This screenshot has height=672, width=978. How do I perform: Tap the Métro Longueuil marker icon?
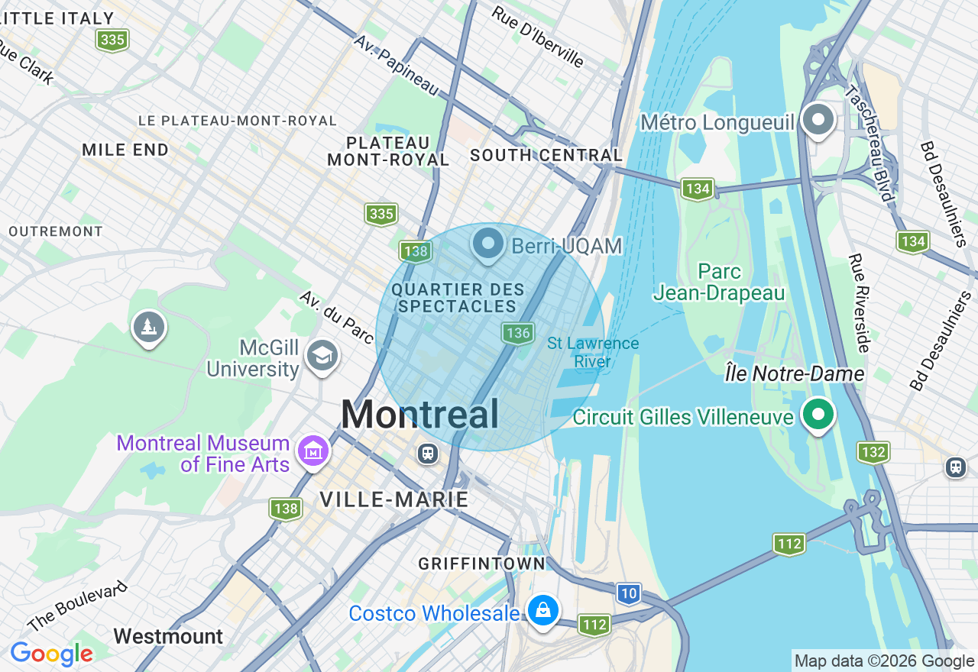point(819,121)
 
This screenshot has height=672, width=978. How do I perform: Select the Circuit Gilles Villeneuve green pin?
point(818,415)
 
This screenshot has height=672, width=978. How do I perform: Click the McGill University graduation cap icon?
point(322,355)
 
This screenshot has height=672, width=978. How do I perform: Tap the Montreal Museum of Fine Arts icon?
point(313,453)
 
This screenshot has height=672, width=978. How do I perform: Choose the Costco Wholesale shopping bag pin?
point(542,611)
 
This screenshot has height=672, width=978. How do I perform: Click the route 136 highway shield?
point(517,332)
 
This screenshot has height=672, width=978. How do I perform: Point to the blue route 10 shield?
point(628,593)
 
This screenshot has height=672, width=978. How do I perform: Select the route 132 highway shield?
point(873,452)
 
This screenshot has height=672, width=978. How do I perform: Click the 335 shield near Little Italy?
point(112,40)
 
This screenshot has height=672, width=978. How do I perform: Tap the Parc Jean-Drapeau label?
point(719,283)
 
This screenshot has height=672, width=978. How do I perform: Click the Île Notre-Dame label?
point(795,374)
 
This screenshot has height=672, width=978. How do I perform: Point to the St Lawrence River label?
point(593,352)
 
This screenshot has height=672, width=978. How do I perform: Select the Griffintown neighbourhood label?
point(481,564)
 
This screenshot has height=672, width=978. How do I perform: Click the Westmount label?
point(168,636)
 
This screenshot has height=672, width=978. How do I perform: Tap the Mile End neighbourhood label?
point(125,150)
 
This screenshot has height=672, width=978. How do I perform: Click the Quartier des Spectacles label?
point(458,299)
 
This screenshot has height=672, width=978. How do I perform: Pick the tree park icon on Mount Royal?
point(148,328)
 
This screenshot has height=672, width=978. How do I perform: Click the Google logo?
point(51,654)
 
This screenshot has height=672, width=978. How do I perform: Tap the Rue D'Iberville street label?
point(537,37)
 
